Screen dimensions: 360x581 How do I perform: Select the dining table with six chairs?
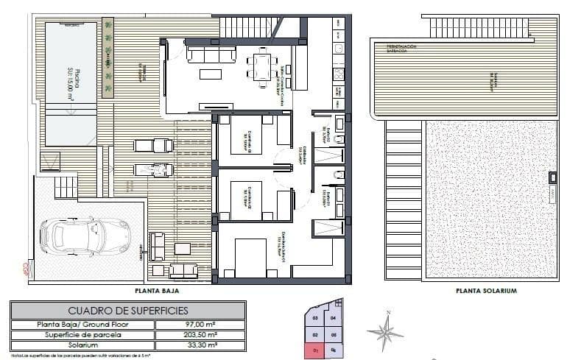pyautogui.click(x=263, y=66)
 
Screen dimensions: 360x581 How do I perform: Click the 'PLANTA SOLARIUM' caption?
pyautogui.click(x=485, y=291)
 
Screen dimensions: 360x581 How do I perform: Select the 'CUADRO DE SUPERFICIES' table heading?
pyautogui.click(x=128, y=310)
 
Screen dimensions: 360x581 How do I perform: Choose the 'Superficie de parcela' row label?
pyautogui.click(x=82, y=334)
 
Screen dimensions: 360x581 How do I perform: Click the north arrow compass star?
pyautogui.click(x=384, y=332)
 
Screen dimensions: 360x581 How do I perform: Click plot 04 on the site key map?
pyautogui.click(x=334, y=318)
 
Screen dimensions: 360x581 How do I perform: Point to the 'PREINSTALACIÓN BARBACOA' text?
pyautogui.click(x=402, y=49)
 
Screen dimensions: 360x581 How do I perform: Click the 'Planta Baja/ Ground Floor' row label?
pyautogui.click(x=82, y=324)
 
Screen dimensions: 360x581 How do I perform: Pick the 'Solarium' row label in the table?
pyautogui.click(x=82, y=345)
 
